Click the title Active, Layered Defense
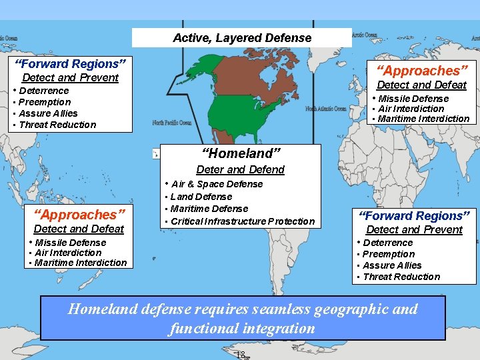pyautogui.click(x=241, y=38)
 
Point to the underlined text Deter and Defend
pyautogui.click(x=240, y=169)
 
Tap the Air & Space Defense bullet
pyautogui.click(x=217, y=184)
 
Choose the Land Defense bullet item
pyautogui.click(x=201, y=197)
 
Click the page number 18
pyautogui.click(x=241, y=354)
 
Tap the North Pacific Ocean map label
pyautogui.click(x=171, y=123)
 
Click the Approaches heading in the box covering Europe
pyautogui.click(x=422, y=70)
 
